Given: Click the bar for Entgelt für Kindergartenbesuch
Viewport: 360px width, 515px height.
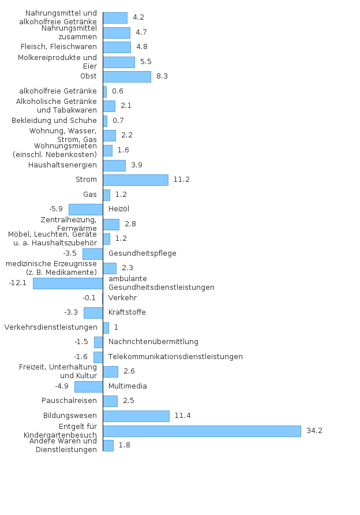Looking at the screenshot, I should (202, 431).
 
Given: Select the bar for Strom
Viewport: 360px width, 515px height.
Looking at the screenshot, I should (136, 180).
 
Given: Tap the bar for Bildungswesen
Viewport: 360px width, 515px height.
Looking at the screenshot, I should (136, 416).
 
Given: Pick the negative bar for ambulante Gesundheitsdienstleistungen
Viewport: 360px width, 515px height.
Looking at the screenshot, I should (68, 283).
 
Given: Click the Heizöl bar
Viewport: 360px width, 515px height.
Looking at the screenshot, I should (85, 209).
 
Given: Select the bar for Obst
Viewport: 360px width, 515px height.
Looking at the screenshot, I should (127, 76).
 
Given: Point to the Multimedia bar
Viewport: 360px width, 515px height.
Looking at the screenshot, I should (88, 386).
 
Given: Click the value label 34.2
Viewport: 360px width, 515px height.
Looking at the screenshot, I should (314, 431).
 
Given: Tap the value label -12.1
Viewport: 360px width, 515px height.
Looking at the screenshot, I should (18, 283).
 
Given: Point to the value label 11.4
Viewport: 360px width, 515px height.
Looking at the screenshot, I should (182, 416).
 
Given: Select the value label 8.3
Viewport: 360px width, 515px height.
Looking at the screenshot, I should (162, 76).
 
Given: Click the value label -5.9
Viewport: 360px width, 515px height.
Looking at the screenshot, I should (56, 209).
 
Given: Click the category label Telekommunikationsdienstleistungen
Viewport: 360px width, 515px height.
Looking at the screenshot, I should (175, 357).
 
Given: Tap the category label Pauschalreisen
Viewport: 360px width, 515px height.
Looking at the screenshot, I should (69, 401).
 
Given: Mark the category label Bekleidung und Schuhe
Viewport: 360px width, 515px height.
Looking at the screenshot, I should (54, 121).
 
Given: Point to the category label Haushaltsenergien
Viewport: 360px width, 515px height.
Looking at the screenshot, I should (62, 165).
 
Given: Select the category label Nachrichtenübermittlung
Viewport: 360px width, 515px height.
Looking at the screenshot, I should (153, 342).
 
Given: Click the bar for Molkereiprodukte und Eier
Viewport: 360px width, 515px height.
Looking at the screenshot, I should (119, 62).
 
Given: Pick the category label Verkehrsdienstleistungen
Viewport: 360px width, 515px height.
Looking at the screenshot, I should (50, 327).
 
